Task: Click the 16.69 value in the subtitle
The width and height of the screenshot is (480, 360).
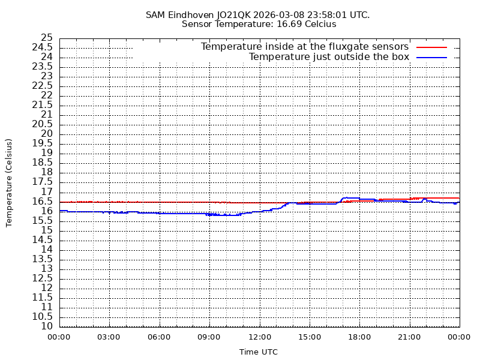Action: [x=289, y=24]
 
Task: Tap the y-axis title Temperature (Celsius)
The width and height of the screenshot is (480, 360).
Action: [x=9, y=182]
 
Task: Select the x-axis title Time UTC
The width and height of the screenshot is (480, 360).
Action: [x=259, y=352]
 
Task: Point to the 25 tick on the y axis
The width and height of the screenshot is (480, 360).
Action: [x=46, y=38]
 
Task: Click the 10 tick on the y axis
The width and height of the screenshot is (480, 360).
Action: [x=46, y=326]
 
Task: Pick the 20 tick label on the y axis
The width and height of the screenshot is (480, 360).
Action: [x=46, y=134]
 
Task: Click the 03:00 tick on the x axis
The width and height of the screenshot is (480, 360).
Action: [x=109, y=337]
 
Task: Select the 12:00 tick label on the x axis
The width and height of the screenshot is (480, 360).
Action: [x=259, y=337]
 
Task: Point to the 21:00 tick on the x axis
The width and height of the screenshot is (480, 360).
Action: [x=409, y=337]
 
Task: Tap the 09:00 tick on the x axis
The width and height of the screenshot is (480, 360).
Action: [x=209, y=337]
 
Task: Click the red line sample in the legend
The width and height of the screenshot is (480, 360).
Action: [x=432, y=47]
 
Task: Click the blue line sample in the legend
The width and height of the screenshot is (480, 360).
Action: [x=432, y=57]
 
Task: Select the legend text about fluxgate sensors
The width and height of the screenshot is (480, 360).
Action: [x=304, y=47]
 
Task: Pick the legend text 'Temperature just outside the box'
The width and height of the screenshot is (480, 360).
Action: [x=329, y=57]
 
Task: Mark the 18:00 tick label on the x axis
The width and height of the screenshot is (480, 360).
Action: [x=359, y=337]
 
